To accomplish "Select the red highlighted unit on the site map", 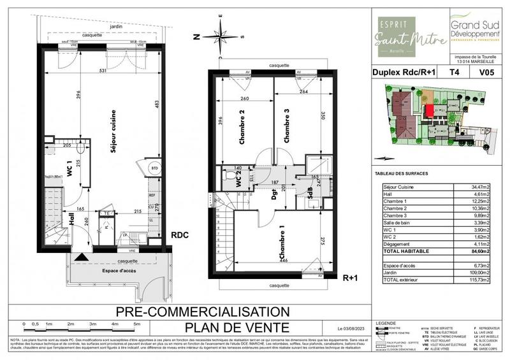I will (430, 111).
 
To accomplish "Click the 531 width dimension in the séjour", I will (101, 70).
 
